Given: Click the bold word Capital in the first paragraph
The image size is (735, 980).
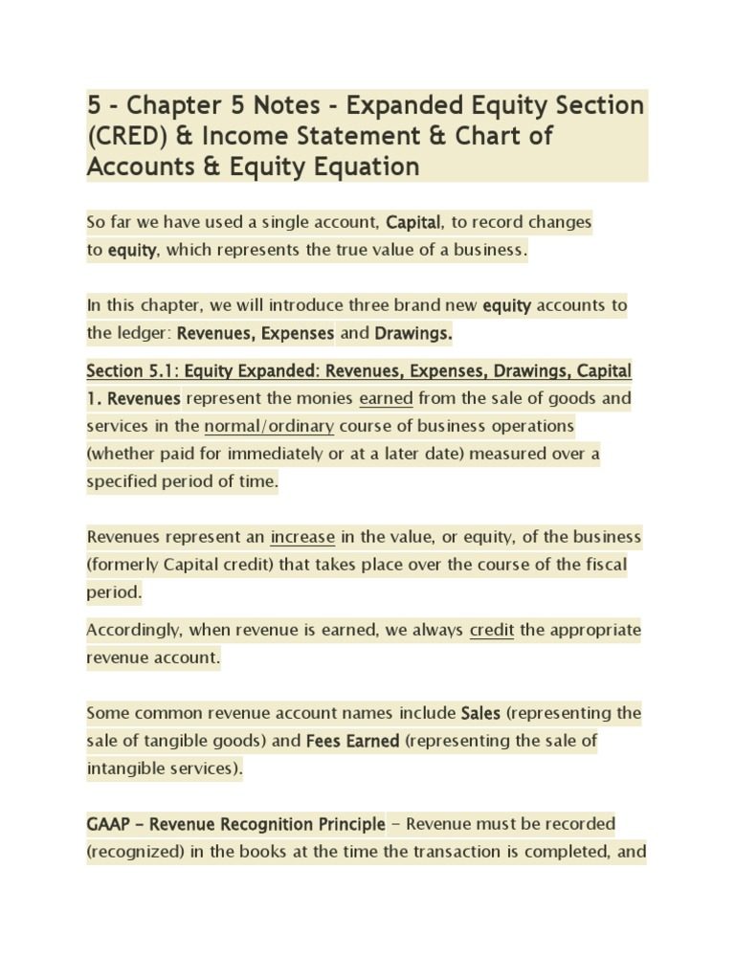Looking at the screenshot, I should coord(413,223).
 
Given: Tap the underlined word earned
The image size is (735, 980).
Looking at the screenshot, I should coord(386,398).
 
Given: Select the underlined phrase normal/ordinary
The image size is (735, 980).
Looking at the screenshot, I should coord(269,425).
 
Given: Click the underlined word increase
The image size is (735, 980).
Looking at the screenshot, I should coord(302,537).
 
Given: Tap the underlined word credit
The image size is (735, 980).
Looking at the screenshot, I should coord(492,631).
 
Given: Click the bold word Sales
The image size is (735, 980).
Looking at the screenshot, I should coord(480,714).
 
